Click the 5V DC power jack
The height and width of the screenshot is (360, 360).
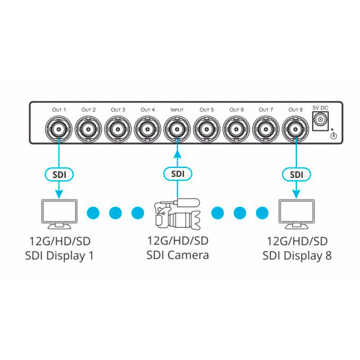321,120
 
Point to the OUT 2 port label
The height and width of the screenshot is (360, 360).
89,110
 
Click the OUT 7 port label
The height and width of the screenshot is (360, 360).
266,110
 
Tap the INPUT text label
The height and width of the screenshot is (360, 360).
177,110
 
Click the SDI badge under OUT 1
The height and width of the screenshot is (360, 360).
59,173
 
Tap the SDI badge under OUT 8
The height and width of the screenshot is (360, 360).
296,173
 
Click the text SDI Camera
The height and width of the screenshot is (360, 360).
177,255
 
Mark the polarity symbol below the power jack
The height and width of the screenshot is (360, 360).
334,135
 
